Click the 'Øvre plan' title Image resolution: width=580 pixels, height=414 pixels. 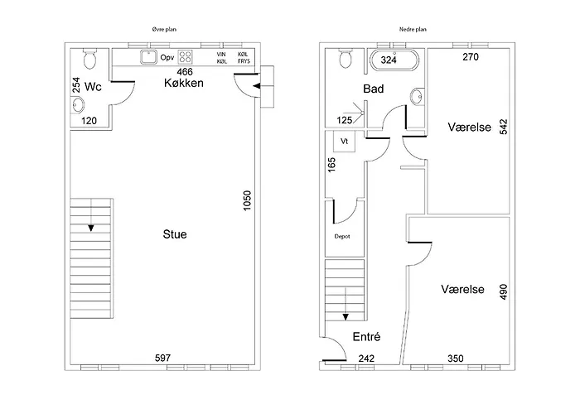[164, 29]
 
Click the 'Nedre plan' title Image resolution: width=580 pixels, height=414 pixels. [413, 29]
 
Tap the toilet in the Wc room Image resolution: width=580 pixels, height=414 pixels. [89, 59]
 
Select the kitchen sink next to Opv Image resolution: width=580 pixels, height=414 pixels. [148, 57]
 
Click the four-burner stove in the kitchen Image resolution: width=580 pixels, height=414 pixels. [185, 57]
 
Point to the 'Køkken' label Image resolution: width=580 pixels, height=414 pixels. [184, 83]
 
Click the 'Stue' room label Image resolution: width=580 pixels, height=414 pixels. [175, 234]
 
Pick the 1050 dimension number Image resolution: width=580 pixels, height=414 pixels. [247, 200]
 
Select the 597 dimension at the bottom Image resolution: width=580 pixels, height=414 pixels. [162, 358]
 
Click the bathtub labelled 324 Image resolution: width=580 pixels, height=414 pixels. [394, 60]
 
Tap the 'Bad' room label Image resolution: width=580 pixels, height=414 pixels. [373, 89]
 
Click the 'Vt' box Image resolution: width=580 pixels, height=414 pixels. [345, 142]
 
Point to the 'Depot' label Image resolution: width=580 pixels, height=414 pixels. [342, 236]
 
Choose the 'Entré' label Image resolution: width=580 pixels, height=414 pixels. [366, 337]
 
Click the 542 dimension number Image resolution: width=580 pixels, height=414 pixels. [504, 127]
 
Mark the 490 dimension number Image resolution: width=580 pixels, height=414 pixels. [504, 291]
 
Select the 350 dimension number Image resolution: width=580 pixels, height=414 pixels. [456, 359]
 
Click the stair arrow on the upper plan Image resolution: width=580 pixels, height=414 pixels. [91, 228]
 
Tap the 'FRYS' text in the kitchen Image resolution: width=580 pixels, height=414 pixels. [244, 61]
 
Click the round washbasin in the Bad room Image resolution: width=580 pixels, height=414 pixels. [417, 98]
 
